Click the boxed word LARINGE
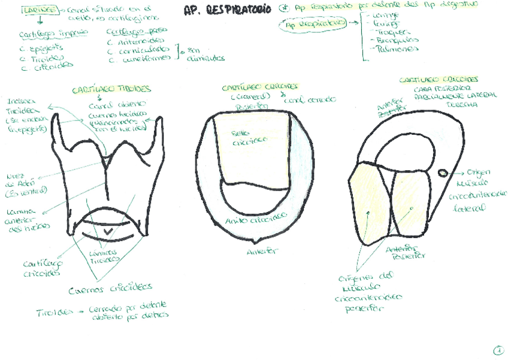(40, 10)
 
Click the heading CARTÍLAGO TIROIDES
(111, 90)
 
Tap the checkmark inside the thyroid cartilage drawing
(108, 231)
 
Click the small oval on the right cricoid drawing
(442, 173)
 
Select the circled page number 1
(498, 350)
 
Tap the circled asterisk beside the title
(284, 10)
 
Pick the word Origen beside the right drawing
(479, 171)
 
